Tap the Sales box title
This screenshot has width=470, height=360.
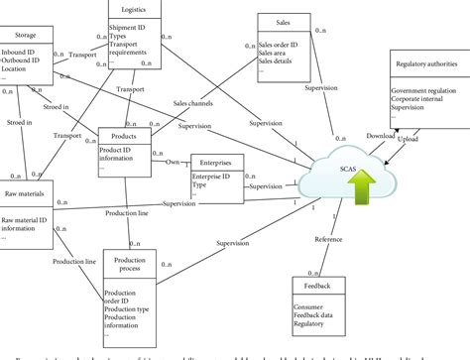[x=283, y=19]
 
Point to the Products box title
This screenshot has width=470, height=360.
[x=124, y=136]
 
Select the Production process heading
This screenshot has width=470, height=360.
[x=130, y=264]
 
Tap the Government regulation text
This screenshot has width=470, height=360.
[x=424, y=91]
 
